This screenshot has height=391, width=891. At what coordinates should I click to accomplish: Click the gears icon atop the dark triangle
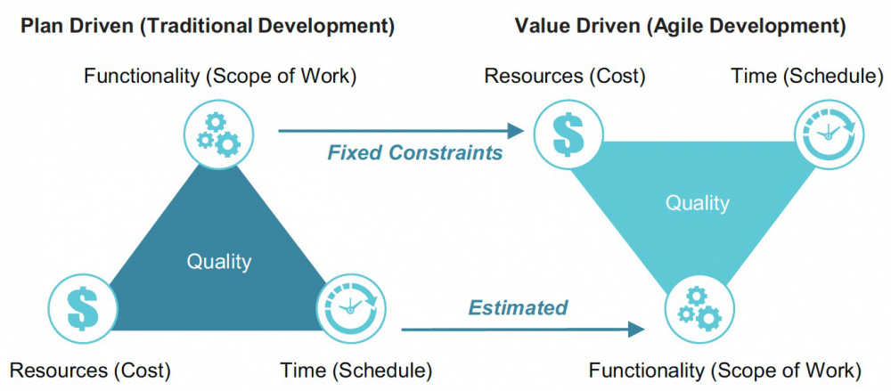[219, 134]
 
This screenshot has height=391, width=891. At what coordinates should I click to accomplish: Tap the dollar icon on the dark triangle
[83, 309]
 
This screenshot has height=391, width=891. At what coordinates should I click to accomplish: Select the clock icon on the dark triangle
[350, 308]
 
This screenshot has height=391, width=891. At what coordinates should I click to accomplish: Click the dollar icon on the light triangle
[568, 134]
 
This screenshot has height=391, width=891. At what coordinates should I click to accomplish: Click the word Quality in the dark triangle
[219, 262]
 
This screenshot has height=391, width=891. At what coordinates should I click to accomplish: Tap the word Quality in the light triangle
[698, 203]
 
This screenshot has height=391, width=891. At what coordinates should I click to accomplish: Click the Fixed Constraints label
[415, 152]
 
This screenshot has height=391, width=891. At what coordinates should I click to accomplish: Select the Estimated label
[518, 307]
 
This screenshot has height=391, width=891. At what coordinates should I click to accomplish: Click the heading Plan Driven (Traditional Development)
[208, 27]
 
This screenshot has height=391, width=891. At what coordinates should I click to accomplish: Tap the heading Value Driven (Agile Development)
[680, 27]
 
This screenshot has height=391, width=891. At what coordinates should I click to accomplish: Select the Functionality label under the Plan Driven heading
[220, 77]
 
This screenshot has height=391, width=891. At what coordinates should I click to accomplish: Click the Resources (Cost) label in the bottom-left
[90, 371]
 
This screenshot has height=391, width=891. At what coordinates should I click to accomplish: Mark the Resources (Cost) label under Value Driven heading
[565, 77]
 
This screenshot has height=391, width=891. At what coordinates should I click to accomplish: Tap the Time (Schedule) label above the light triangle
[807, 77]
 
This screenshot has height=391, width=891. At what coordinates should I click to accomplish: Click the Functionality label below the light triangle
[724, 371]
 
